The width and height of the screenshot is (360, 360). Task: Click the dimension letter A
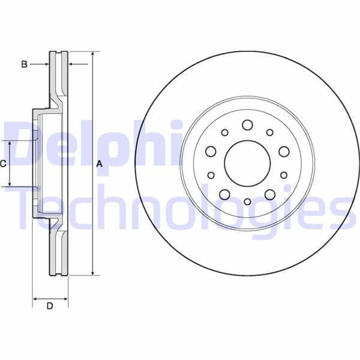tap(100, 164)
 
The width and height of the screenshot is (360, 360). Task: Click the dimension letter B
tap(24, 64)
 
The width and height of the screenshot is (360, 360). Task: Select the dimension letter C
tap(4, 163)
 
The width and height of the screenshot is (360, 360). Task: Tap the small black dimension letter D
tap(50, 306)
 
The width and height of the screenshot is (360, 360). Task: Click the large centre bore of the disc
tap(247, 163)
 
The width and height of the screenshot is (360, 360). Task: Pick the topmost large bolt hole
tap(247, 125)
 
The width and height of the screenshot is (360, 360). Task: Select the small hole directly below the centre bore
tap(247, 202)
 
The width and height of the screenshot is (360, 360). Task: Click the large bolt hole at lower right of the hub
tap(269, 194)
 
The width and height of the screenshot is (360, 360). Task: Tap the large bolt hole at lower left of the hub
tap(225, 194)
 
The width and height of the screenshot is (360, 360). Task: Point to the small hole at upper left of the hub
tap(225, 133)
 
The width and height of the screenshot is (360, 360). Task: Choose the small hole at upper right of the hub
tap(269, 133)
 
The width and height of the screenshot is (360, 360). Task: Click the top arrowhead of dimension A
tap(93, 55)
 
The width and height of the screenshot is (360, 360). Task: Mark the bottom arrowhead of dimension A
tap(93, 273)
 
